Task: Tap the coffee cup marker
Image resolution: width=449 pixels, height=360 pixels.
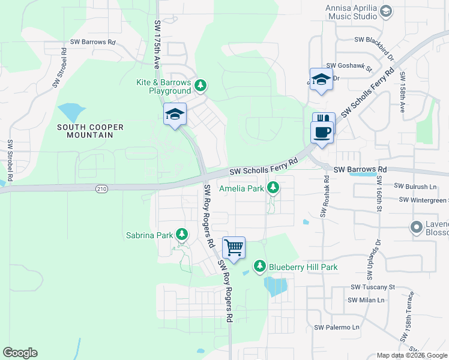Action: click(322, 131)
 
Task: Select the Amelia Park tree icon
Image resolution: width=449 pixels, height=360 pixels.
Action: click(273, 188)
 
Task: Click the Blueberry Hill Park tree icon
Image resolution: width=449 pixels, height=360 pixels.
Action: click(259, 266)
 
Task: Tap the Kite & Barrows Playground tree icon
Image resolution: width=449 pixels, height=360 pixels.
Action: click(200, 86)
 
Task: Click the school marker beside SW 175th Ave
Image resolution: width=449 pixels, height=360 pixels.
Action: click(175, 114)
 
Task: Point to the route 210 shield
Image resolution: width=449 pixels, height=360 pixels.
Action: click(102, 188)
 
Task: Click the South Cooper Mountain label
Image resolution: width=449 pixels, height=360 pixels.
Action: click(90, 131)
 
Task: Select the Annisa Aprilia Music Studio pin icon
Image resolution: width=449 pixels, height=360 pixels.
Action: click(385, 11)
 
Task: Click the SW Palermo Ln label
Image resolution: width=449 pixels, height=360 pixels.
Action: click(337, 328)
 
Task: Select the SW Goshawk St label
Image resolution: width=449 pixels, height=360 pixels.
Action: click(349, 67)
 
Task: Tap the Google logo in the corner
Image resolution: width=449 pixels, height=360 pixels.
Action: click(20, 353)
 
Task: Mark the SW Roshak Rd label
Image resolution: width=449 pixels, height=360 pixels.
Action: click(326, 196)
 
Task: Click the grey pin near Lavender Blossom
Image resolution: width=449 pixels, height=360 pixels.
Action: click(415, 227)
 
